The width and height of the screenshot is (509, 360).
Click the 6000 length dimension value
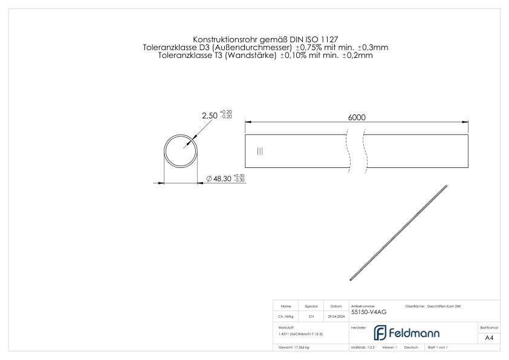point(356,118)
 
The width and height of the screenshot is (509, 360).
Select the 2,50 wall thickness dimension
point(210,115)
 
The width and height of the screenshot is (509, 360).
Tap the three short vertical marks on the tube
point(260,151)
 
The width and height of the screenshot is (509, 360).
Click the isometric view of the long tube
point(399,233)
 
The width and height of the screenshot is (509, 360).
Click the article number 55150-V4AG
point(368,312)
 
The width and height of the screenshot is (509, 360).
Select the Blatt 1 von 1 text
point(438,347)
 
